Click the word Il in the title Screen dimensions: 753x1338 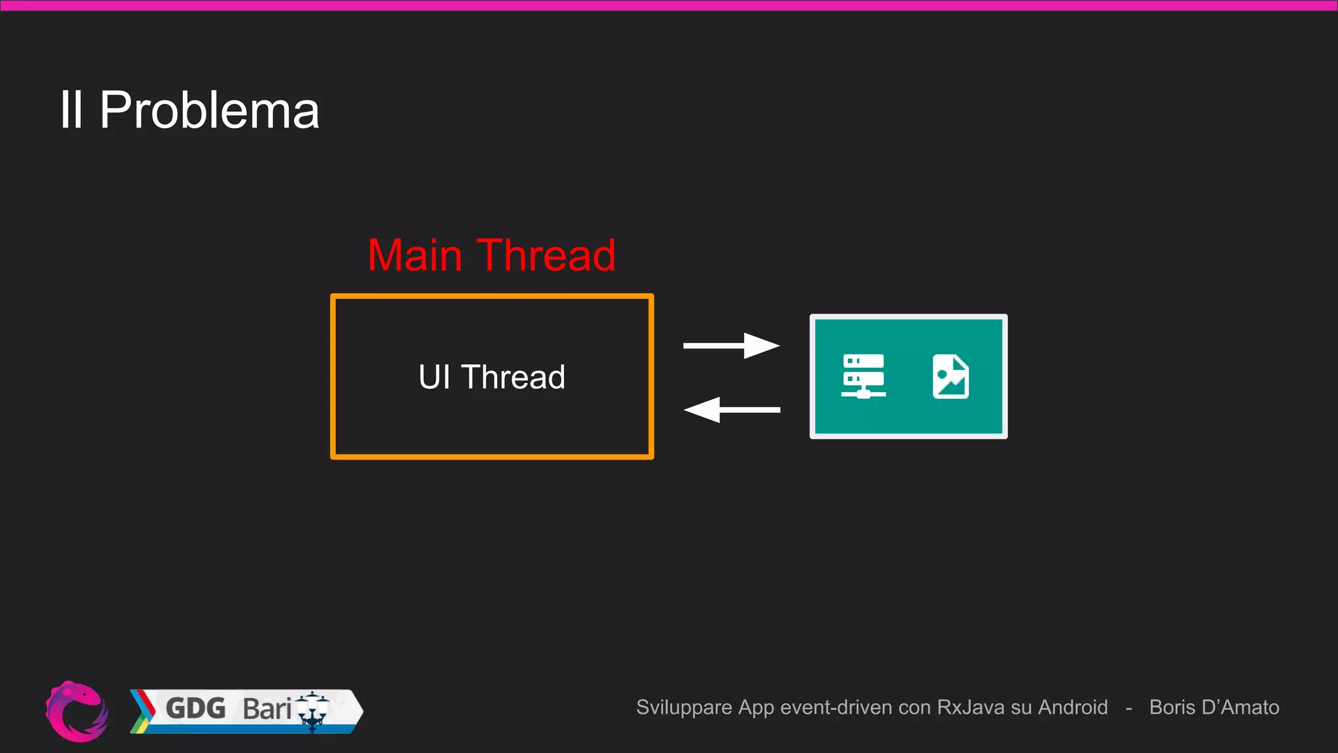[71, 110]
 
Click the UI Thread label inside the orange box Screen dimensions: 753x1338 [491, 377]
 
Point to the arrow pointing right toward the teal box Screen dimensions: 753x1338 [731, 345]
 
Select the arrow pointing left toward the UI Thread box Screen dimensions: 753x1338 [731, 410]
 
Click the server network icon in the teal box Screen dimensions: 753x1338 [863, 376]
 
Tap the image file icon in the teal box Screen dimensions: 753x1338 [951, 376]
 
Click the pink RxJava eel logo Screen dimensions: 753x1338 [77, 711]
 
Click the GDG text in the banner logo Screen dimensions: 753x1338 [195, 709]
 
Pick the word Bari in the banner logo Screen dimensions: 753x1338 [267, 709]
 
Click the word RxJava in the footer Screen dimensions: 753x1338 [971, 707]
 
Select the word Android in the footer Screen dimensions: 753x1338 [1073, 707]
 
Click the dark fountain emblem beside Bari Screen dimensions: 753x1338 [313, 711]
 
